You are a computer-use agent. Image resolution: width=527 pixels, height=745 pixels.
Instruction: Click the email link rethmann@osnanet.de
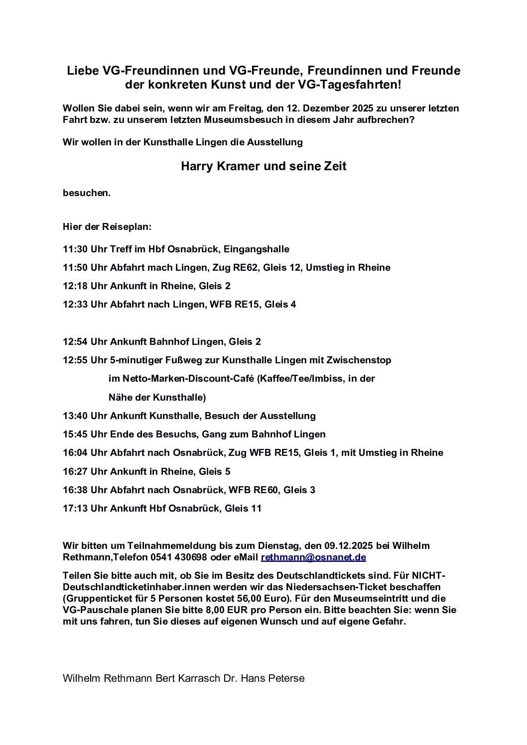click(313, 557)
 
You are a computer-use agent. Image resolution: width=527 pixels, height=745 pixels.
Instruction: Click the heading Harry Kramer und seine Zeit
click(263, 166)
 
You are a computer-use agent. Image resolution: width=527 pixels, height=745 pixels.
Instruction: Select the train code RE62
click(247, 268)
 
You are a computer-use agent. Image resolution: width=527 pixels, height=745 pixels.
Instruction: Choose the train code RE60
click(266, 490)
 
